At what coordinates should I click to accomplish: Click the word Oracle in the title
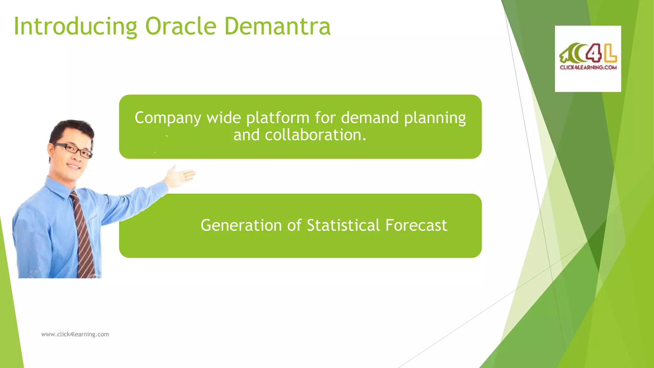coord(181,26)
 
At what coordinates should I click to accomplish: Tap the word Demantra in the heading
coord(277,26)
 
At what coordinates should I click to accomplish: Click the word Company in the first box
coord(168,118)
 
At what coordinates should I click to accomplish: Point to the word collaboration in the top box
coord(299,135)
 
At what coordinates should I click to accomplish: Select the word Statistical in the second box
coord(343,225)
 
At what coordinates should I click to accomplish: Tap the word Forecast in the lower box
coord(416,225)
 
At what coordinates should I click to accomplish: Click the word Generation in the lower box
coord(241,225)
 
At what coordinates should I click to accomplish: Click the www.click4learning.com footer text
coord(75,334)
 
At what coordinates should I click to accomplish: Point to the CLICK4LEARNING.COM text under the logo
coord(588,67)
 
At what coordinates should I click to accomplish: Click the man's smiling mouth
coord(74,166)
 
